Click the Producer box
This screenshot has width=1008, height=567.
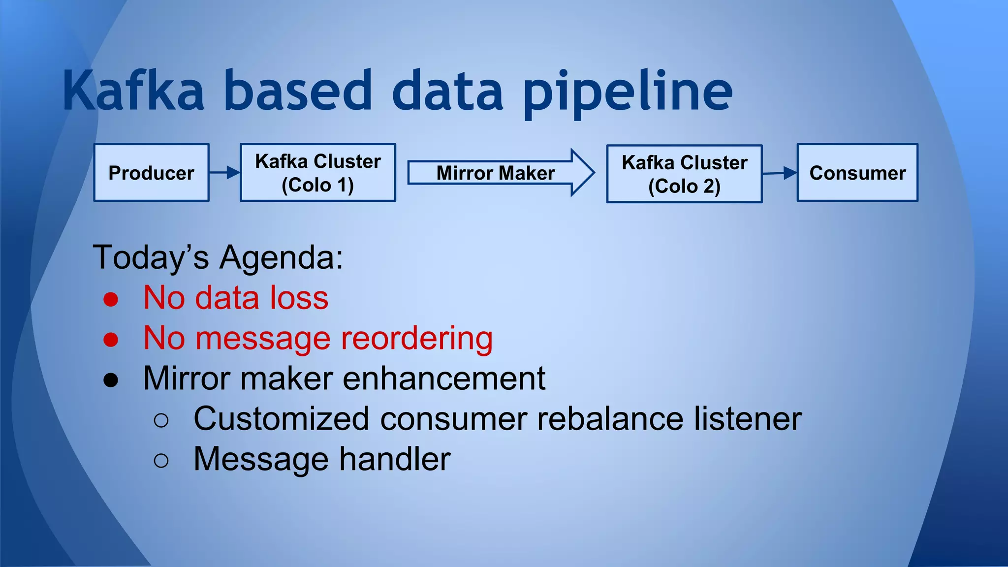(x=151, y=173)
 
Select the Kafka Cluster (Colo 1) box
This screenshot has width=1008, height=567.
(x=317, y=173)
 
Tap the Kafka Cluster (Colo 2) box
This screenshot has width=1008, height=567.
(x=684, y=174)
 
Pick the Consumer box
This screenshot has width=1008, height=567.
(x=857, y=173)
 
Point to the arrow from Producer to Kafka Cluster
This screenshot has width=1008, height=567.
(x=224, y=173)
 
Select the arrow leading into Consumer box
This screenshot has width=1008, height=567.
(x=780, y=173)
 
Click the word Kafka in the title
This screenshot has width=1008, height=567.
(x=133, y=92)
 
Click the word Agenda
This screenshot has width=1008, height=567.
(x=281, y=257)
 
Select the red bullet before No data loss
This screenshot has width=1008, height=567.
(x=111, y=299)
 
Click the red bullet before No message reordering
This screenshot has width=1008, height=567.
(x=111, y=340)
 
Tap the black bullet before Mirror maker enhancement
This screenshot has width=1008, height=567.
(x=111, y=380)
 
